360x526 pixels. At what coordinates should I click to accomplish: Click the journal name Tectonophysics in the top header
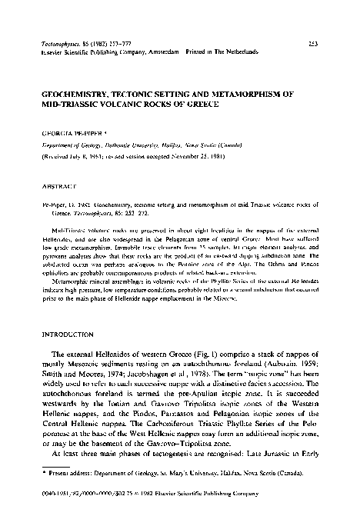[61, 45]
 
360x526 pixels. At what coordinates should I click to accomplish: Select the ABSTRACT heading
[61, 186]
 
